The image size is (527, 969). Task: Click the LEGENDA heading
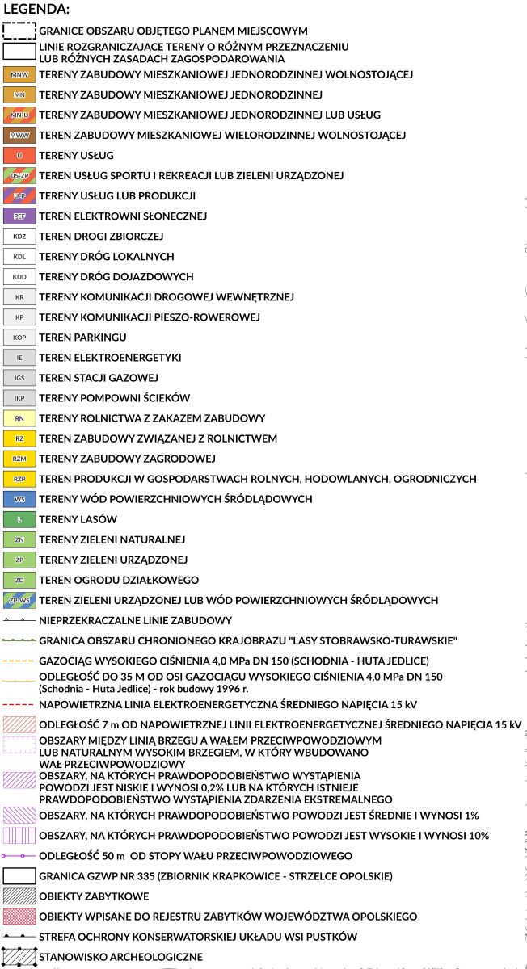tap(36, 10)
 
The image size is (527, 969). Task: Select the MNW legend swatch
tap(19, 74)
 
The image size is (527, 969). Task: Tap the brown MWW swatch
tap(19, 135)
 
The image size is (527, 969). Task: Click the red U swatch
tap(19, 155)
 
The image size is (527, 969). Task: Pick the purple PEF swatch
tap(19, 216)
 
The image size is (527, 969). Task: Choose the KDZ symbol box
tap(19, 236)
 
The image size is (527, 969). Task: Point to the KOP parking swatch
tap(19, 337)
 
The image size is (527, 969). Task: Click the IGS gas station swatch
tap(19, 377)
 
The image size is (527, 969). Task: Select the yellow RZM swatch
tap(19, 459)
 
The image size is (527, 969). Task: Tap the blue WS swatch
tap(19, 499)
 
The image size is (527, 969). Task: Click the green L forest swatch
tap(19, 519)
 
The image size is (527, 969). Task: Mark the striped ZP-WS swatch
tap(19, 600)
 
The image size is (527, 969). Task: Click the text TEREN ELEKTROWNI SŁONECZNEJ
tap(123, 216)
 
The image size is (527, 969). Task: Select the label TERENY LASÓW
tap(78, 519)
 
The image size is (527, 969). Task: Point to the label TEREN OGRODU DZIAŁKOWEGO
tap(119, 580)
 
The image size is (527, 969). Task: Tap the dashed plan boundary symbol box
tap(19, 31)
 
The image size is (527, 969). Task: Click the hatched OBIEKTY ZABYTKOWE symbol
tap(19, 896)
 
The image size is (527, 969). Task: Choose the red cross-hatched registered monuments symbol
tap(19, 916)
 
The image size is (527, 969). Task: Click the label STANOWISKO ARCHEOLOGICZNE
tap(120, 957)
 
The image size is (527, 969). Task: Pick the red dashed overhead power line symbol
tap(19, 703)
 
